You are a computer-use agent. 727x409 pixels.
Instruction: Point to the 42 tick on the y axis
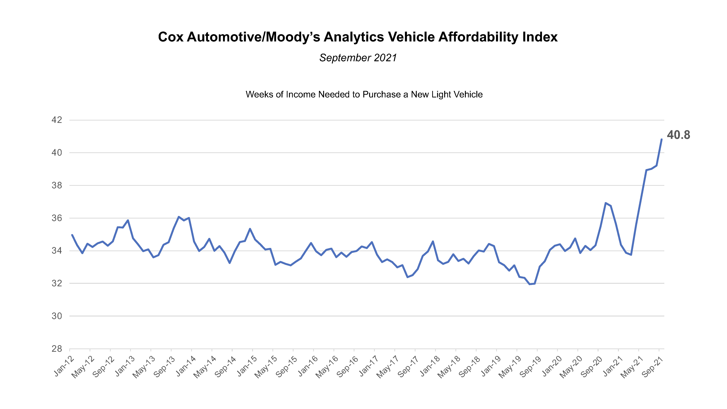[x=57, y=120]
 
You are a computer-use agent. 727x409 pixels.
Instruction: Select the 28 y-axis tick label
[x=57, y=349]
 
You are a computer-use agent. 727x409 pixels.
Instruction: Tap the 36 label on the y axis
[x=57, y=218]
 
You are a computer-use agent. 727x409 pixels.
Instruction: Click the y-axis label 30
[x=57, y=316]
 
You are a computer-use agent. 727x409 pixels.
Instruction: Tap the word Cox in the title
[x=171, y=37]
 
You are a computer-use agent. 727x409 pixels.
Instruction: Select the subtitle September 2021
[x=358, y=58]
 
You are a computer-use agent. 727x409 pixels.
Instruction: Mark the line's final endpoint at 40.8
[x=661, y=139]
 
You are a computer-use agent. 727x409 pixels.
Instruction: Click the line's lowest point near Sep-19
[x=530, y=284]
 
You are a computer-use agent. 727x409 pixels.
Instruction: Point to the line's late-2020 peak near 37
[x=606, y=203]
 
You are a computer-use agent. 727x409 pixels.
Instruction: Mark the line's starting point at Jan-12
[x=72, y=235]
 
